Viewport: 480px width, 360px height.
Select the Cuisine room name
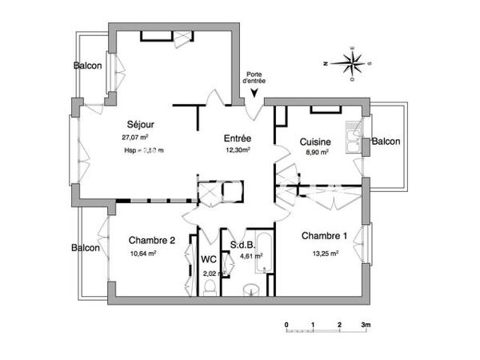314,141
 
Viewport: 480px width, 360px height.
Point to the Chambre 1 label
324,236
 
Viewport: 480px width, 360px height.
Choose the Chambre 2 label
152,240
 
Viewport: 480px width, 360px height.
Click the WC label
209,259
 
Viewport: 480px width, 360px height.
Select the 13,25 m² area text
324,253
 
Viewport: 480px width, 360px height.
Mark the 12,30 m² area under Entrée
238,150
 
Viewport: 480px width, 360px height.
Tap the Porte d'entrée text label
256,77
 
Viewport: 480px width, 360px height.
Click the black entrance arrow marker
254,94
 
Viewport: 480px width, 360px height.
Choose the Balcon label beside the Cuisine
387,142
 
